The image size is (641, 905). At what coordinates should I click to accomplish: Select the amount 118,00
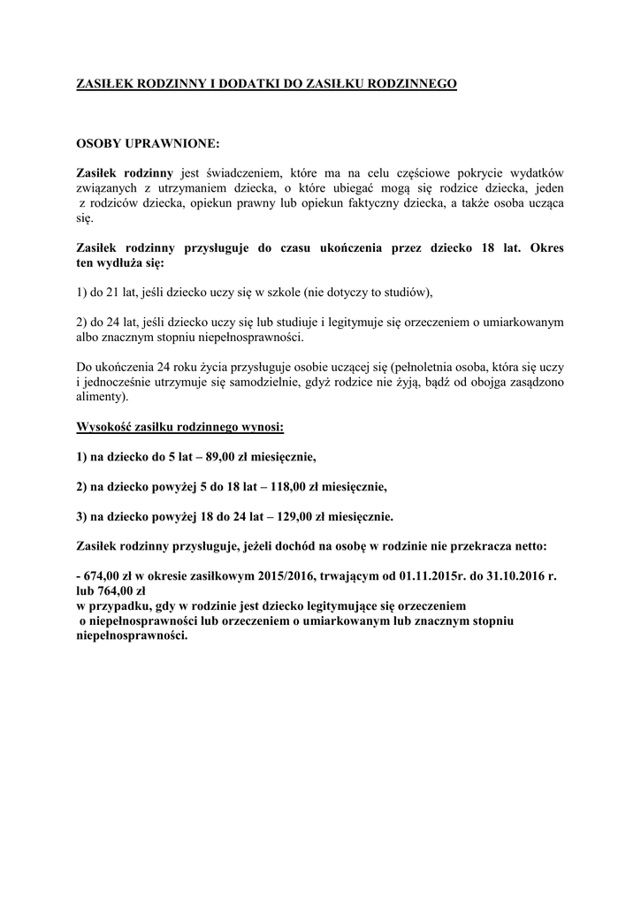(294, 486)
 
